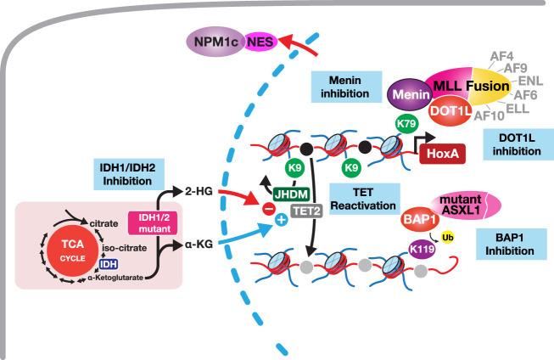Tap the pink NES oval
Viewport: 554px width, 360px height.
(260, 39)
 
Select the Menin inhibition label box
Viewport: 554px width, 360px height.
(343, 85)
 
